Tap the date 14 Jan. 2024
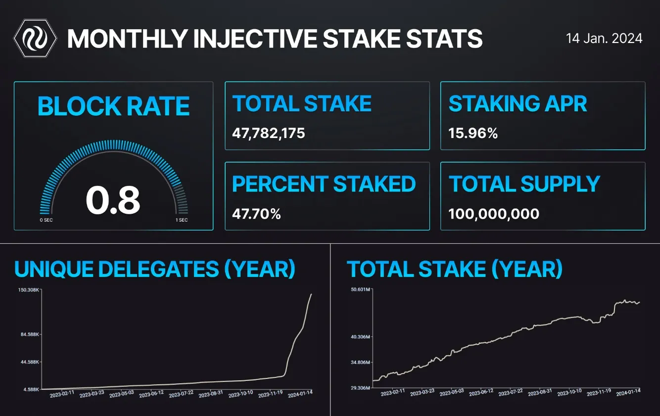pos(604,39)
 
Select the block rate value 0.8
pos(113,200)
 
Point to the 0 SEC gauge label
pos(47,220)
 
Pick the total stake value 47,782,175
pos(269,133)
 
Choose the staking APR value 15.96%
pos(473,133)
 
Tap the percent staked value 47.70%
pos(256,214)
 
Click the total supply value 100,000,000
pos(494,214)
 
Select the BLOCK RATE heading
pos(114,106)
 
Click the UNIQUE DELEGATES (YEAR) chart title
pos(155,269)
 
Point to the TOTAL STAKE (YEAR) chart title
pos(455,269)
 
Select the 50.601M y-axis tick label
pos(360,289)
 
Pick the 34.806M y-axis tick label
pos(360,363)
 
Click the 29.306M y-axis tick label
pos(360,388)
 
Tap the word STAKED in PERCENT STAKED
pos(375,184)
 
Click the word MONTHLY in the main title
pos(128,39)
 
